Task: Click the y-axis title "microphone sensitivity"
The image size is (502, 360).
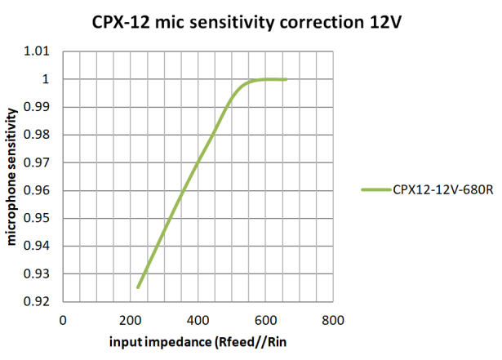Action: [x=11, y=176]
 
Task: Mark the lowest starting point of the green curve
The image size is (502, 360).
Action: [x=138, y=287]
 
